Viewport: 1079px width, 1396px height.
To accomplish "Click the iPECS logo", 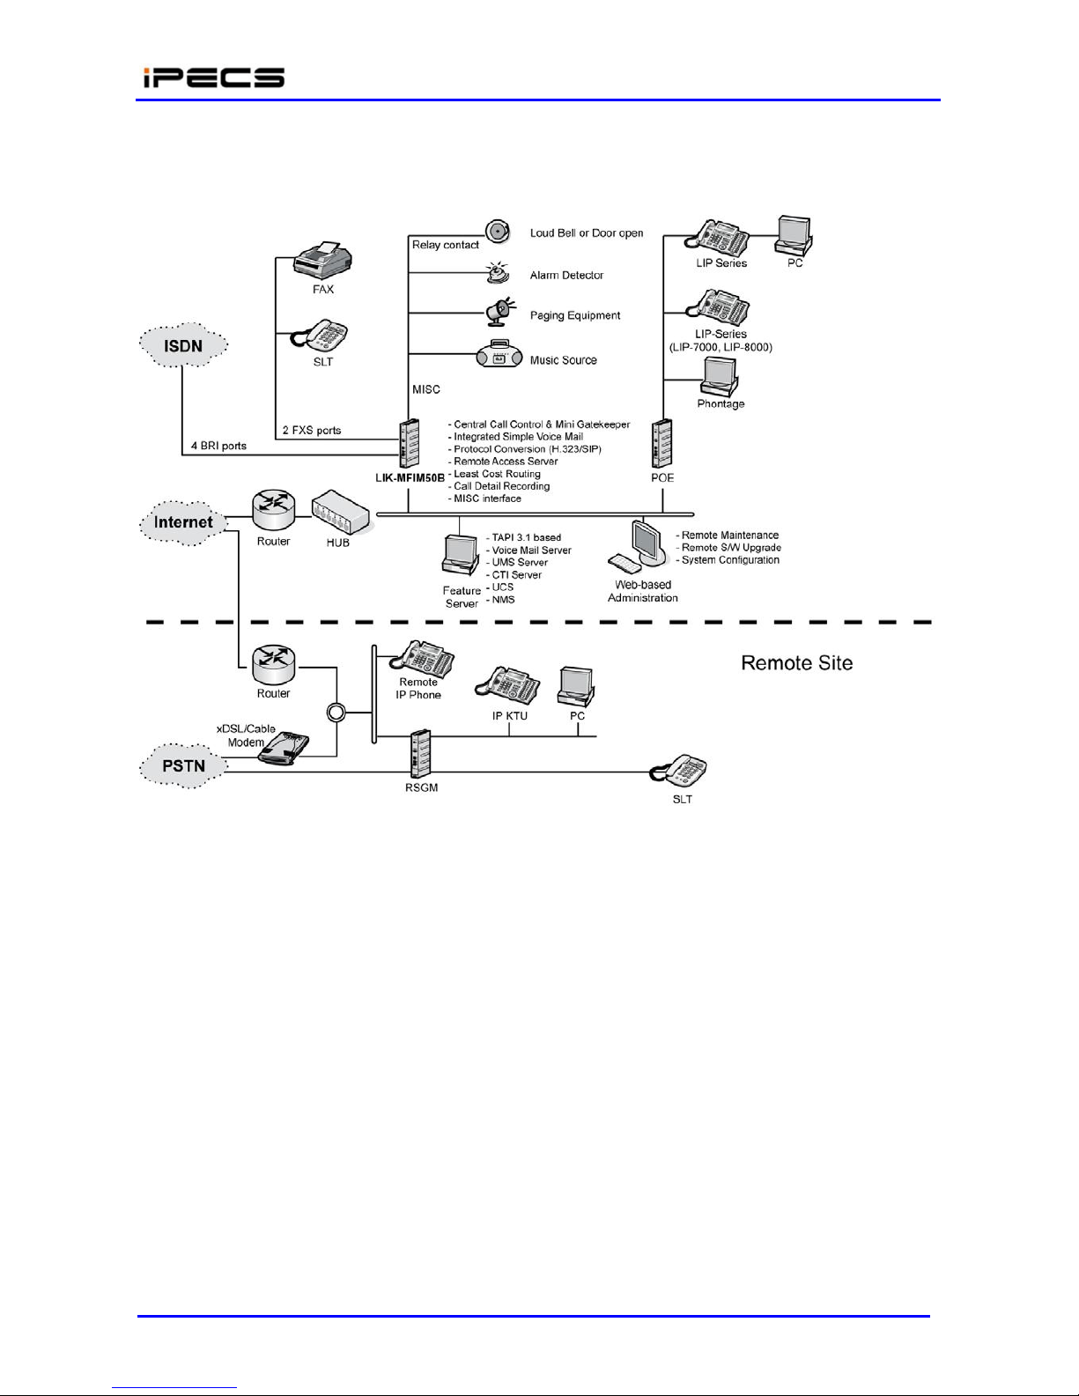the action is [213, 78].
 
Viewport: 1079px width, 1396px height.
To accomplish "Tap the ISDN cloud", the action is [183, 345].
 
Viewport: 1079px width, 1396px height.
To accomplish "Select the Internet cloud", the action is [183, 522].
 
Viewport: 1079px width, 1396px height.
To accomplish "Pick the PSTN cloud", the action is [183, 765].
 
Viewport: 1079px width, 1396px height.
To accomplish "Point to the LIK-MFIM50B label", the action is [410, 478].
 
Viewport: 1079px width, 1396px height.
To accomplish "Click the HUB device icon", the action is [340, 513].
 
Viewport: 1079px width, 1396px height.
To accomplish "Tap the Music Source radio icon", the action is [499, 354].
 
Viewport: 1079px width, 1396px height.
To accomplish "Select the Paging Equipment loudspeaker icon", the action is [499, 312].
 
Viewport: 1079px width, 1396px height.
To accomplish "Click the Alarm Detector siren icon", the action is [498, 273].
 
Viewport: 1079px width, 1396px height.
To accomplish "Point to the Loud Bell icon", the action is [497, 232].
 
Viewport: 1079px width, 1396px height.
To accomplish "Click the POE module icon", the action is [662, 443].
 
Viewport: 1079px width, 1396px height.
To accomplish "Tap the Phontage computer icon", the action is [720, 376].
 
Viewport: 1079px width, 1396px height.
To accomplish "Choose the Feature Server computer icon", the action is [460, 554].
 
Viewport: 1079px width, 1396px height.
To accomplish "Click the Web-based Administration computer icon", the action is [637, 547].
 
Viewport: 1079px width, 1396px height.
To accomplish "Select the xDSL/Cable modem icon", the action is [284, 748].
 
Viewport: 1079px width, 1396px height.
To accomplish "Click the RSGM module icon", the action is [421, 754].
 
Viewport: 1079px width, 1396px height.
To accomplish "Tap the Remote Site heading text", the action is [797, 663].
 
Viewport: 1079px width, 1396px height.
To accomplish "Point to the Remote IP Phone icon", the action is [423, 659].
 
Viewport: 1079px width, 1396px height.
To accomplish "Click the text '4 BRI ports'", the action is [218, 446].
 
